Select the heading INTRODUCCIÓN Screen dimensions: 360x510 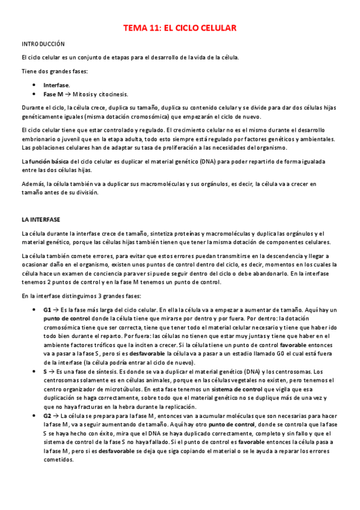[43, 44]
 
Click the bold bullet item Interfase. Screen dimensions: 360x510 [56, 85]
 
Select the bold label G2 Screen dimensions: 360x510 [47, 417]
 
